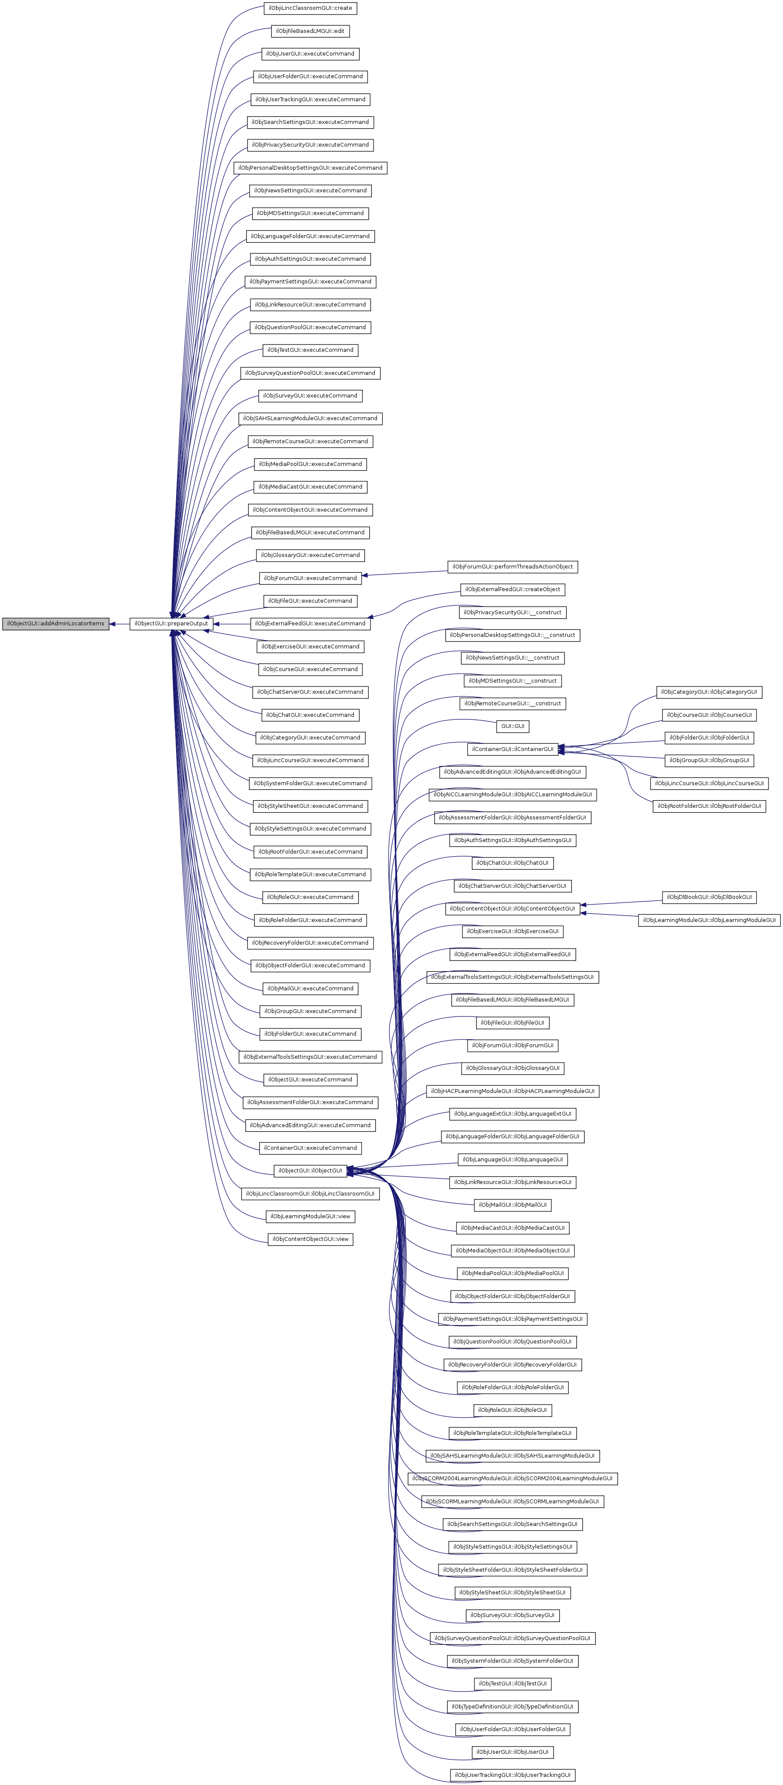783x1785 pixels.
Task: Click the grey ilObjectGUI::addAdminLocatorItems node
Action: (x=56, y=624)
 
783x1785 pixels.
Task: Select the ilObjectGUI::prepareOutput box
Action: (x=171, y=624)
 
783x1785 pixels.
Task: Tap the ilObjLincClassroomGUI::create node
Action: (x=310, y=8)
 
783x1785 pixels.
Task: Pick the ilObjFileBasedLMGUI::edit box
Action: (x=310, y=31)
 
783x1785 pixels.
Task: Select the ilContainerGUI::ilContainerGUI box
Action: (x=513, y=749)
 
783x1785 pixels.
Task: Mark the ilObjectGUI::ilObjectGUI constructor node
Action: (x=310, y=1171)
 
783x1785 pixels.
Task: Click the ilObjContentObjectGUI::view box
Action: (x=310, y=1239)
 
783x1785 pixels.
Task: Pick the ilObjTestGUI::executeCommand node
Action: (x=310, y=350)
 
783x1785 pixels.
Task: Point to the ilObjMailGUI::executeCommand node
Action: (x=310, y=989)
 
